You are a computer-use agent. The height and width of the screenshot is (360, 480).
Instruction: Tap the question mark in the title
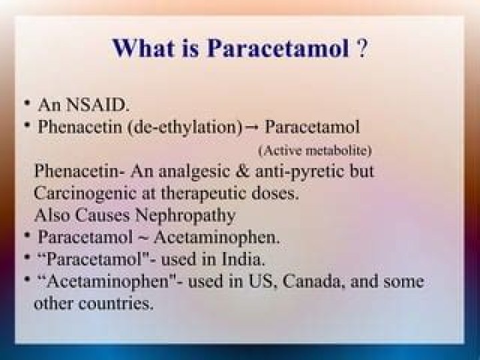[x=361, y=49]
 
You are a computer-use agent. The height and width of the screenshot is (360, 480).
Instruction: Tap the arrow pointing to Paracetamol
[x=253, y=126]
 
